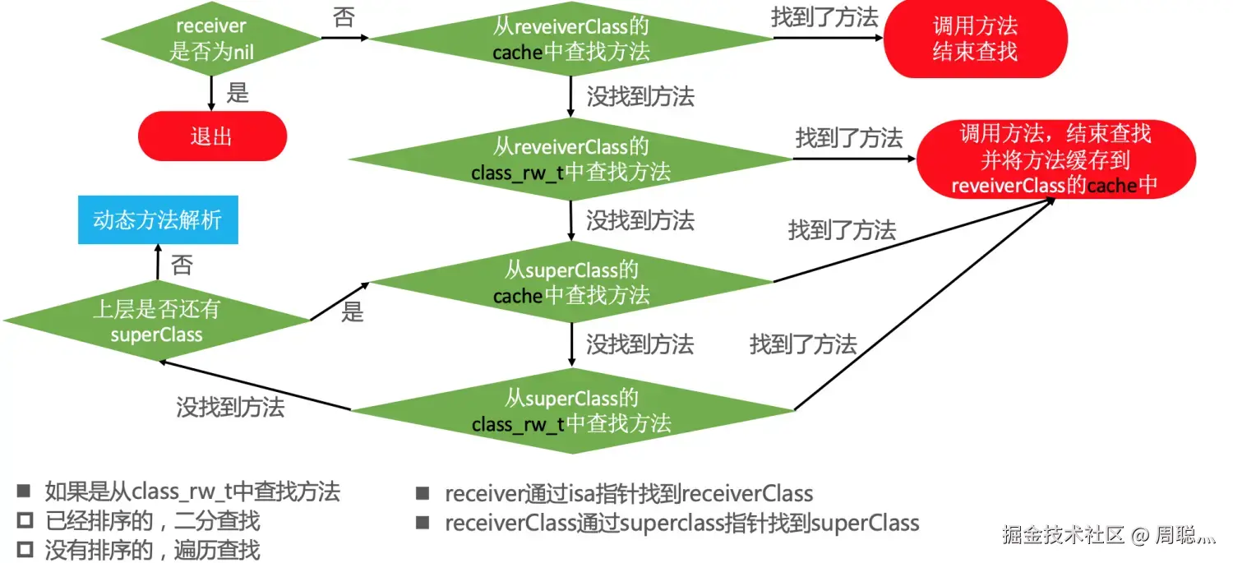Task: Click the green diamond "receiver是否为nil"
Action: tap(211, 39)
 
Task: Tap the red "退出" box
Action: tap(212, 136)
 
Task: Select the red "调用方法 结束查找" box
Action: tap(975, 39)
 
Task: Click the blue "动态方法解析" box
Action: tap(158, 219)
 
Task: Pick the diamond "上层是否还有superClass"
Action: tap(156, 321)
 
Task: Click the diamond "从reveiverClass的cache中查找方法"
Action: tap(570, 39)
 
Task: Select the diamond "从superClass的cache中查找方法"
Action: tap(570, 282)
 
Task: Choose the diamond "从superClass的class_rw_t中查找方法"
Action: tap(570, 410)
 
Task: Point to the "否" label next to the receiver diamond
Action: tap(344, 18)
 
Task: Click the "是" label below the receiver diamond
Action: tap(238, 93)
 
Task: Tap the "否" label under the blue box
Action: tap(182, 265)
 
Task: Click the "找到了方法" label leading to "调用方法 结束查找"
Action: tap(824, 18)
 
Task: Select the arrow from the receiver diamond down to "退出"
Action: tap(212, 93)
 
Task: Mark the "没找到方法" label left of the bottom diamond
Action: tap(230, 406)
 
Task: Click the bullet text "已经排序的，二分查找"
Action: tap(152, 520)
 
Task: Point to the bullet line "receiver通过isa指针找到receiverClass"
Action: tap(629, 494)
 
